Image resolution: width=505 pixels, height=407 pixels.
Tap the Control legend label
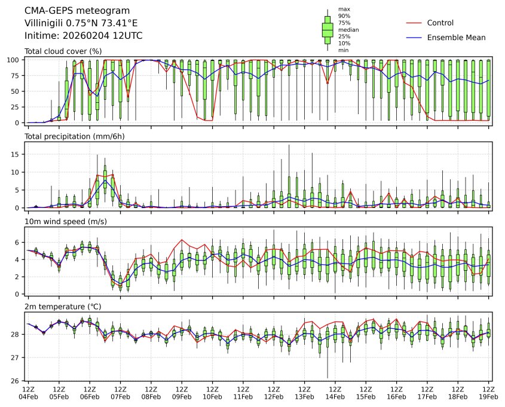(x=440, y=23)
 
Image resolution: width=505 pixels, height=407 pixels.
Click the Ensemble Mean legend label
(x=456, y=38)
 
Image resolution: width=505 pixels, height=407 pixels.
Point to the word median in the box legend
(x=345, y=29)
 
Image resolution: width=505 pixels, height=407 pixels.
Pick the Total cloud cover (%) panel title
(x=63, y=51)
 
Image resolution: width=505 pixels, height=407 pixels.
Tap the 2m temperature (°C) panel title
(x=63, y=307)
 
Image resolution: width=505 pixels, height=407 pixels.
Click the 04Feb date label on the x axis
(x=28, y=396)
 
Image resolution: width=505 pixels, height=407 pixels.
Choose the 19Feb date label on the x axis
(x=489, y=396)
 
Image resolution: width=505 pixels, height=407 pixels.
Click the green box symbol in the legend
(x=328, y=29)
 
